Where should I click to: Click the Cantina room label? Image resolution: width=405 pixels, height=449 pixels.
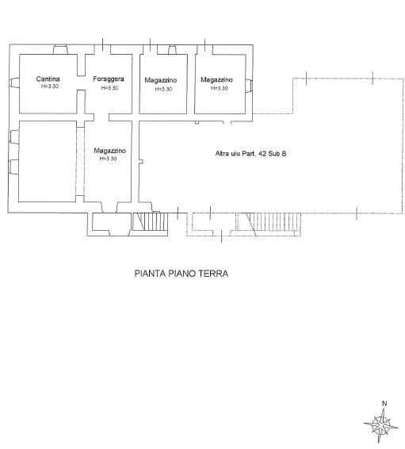tap(48, 79)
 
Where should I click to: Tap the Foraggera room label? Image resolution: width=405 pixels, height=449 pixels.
tap(109, 79)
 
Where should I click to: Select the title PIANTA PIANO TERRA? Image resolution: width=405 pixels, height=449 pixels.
tap(181, 274)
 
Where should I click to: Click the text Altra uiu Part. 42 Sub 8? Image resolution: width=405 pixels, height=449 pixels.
tap(250, 154)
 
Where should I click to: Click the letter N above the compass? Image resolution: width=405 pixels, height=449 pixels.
tap(384, 404)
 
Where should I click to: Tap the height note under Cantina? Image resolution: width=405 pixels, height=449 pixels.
tap(50, 86)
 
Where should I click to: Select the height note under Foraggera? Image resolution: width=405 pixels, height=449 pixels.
tap(109, 88)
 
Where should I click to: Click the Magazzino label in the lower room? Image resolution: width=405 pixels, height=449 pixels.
tap(110, 151)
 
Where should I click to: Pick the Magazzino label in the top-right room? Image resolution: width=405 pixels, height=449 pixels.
tap(216, 79)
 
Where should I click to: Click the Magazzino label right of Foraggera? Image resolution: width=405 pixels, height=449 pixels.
tap(161, 80)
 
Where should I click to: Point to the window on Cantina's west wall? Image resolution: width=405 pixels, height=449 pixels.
tap(13, 83)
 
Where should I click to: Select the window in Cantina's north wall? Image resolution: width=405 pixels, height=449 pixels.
tap(60, 49)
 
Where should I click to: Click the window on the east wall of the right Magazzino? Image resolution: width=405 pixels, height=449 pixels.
tap(249, 86)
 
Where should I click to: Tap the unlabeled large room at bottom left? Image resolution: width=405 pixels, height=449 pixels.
tap(48, 161)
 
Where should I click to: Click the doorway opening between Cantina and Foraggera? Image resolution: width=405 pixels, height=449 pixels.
tap(81, 83)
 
